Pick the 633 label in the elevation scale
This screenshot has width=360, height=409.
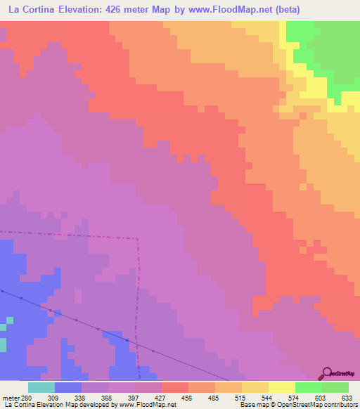click(348, 397)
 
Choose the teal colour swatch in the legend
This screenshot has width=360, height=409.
click(41, 387)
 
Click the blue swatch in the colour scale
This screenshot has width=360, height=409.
click(67, 387)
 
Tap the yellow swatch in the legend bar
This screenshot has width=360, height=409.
click(282, 387)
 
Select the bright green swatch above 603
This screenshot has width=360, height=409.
click(309, 387)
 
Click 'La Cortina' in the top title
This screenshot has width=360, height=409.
click(32, 10)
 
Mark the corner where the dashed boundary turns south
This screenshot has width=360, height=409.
click(138, 239)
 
